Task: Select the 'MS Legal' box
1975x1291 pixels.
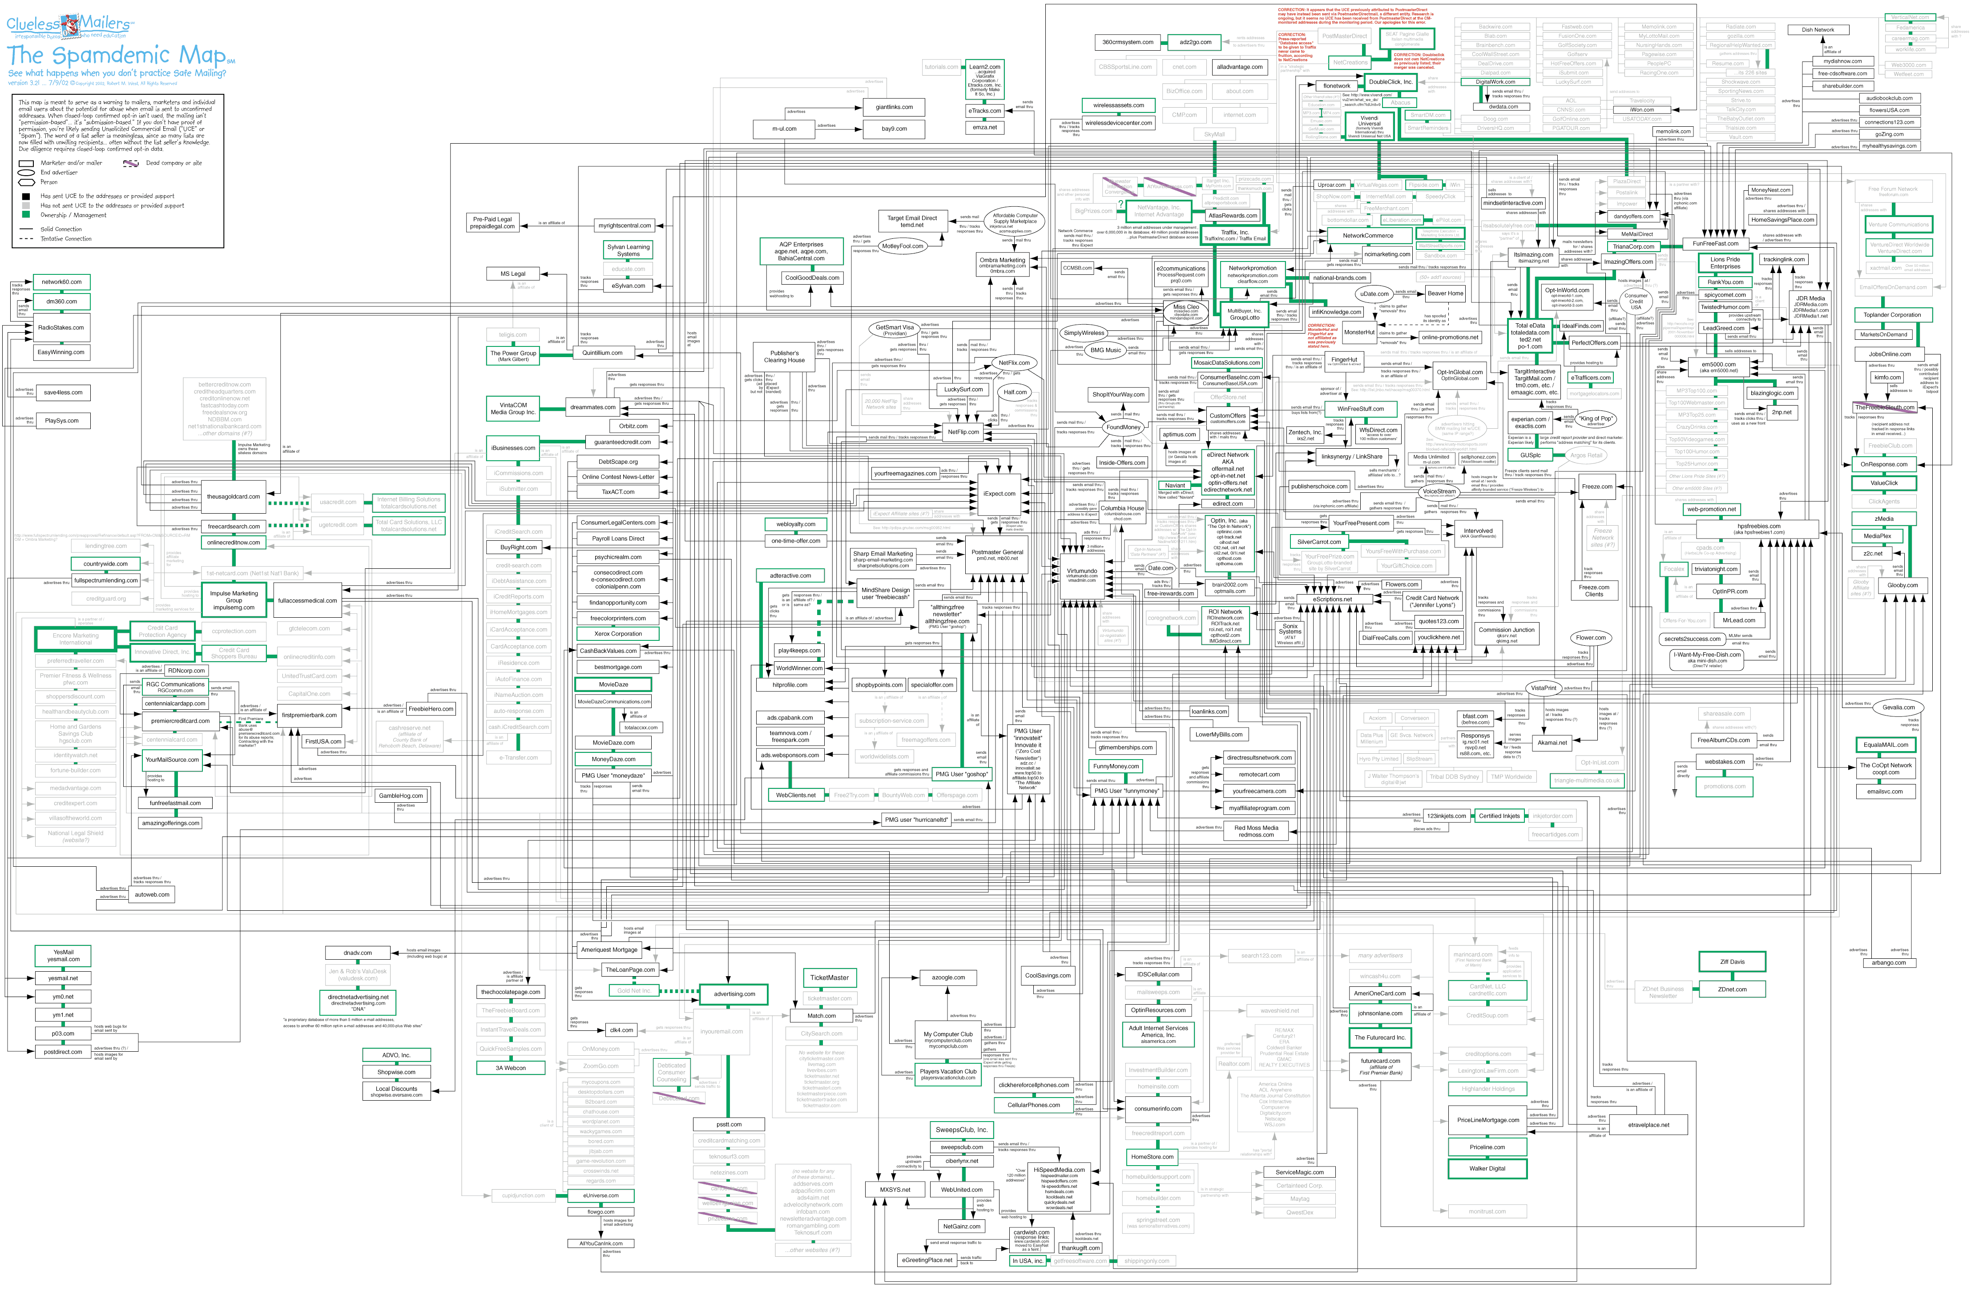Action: point(513,274)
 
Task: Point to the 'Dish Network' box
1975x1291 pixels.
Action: point(1818,30)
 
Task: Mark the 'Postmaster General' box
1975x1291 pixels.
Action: point(997,554)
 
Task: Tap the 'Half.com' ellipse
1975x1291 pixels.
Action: point(1015,392)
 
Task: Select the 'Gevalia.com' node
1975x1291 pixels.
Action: point(1898,707)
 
